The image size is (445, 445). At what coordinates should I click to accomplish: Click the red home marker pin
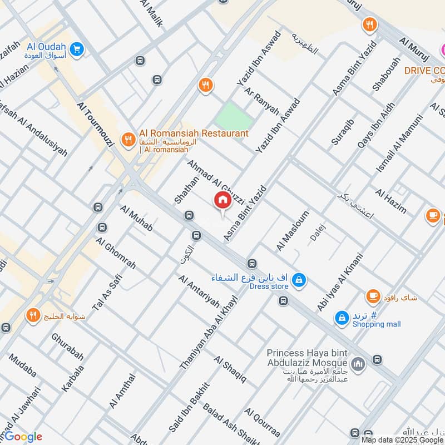[x=222, y=201]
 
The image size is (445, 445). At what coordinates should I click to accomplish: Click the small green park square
[x=233, y=116]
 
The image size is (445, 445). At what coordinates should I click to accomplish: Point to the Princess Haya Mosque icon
[x=359, y=364]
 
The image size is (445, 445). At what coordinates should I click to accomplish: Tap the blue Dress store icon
[x=299, y=280]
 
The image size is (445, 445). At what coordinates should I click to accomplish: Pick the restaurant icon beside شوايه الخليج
[x=33, y=316]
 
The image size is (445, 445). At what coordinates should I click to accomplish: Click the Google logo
[x=22, y=437]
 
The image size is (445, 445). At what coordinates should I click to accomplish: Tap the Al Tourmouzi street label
[x=96, y=124]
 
